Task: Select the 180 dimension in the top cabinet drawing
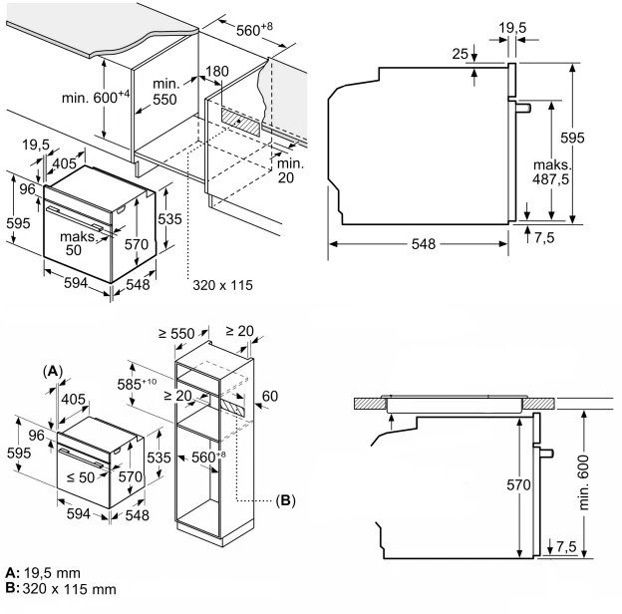(216, 73)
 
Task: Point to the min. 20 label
(291, 170)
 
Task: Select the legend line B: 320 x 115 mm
(60, 589)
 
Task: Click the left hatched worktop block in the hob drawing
(370, 403)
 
